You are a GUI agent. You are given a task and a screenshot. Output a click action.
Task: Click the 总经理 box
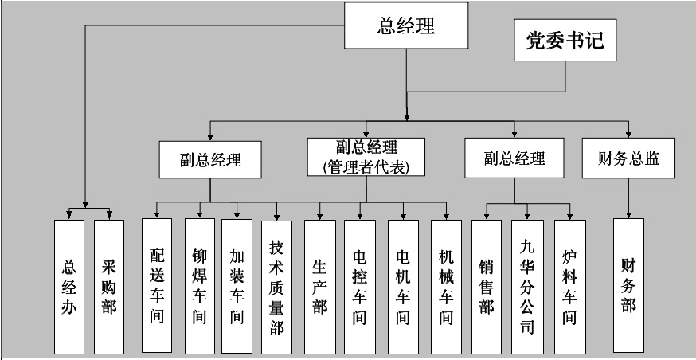coord(406,25)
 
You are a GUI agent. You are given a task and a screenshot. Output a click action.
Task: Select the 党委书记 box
coord(565,40)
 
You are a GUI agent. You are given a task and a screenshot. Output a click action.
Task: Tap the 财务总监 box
coord(628,158)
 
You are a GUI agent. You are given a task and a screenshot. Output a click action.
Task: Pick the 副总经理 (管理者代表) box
coord(366,157)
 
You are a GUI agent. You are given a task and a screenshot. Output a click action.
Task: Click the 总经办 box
coord(69,287)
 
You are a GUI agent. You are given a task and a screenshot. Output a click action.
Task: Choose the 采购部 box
coord(109,287)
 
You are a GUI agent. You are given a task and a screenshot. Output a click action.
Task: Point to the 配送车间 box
coord(157,285)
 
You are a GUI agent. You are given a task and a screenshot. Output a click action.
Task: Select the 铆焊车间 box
coord(200,285)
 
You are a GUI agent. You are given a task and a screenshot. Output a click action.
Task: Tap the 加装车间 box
coord(237,286)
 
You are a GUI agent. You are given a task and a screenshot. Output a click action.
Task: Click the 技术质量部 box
coord(276,288)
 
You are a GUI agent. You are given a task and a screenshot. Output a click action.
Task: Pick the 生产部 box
coord(320,287)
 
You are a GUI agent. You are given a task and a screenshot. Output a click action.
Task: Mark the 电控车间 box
coord(359,287)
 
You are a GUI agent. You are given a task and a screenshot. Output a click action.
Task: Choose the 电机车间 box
coord(403,287)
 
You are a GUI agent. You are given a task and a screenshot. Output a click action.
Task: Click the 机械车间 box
coord(446,287)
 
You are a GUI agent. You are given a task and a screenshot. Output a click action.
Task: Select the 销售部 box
coord(487,287)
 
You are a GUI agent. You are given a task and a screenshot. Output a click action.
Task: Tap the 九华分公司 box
coord(527,287)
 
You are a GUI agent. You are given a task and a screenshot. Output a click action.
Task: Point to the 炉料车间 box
coord(570,287)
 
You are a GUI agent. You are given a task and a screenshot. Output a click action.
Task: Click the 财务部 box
coord(628,285)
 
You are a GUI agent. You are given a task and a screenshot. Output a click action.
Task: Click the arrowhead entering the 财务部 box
coord(628,215)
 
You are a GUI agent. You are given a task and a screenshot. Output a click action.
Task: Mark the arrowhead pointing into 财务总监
coord(628,135)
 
